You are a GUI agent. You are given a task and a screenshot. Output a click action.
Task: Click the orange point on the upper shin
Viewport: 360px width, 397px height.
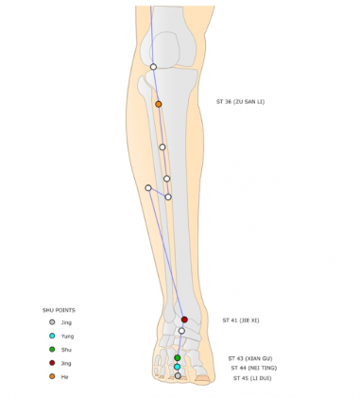click(159, 104)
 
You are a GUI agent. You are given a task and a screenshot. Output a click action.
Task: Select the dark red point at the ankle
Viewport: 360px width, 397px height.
click(184, 319)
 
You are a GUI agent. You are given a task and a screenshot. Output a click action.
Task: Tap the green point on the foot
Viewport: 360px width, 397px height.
click(178, 358)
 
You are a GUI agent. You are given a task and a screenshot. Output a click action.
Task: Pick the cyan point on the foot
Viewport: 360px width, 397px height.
click(178, 367)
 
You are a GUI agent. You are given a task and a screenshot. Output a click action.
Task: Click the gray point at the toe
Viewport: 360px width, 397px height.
click(178, 376)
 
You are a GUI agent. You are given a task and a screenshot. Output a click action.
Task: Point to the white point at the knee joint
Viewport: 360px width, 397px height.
click(153, 66)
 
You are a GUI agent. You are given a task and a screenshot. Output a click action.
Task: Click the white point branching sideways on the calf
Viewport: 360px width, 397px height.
click(148, 188)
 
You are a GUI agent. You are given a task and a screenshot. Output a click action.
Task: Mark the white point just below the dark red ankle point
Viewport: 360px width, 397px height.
click(181, 331)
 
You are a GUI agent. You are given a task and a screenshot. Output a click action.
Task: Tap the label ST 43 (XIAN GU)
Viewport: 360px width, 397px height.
click(250, 358)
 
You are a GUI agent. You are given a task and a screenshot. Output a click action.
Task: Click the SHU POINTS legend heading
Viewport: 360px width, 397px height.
click(60, 310)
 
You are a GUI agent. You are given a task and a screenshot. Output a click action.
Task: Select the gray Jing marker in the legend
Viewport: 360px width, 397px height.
click(52, 322)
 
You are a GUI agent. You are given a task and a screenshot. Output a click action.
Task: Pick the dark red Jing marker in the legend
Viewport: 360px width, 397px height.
click(52, 363)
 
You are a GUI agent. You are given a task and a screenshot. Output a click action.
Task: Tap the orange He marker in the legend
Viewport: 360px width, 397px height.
click(52, 376)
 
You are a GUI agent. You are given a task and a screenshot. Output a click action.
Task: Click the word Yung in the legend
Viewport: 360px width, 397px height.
click(66, 336)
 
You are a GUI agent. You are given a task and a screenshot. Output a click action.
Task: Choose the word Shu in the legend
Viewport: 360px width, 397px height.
click(65, 350)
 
